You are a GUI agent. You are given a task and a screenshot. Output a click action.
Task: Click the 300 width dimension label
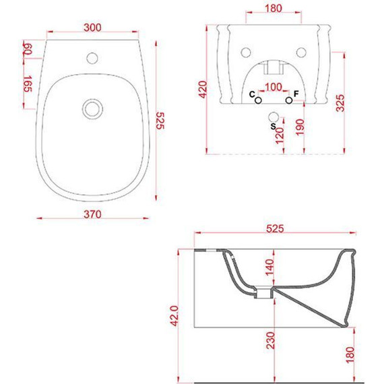pyautogui.click(x=92, y=28)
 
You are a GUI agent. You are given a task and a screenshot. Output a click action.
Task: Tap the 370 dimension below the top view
pyautogui.click(x=92, y=214)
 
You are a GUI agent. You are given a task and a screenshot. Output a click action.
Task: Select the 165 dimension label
pyautogui.click(x=28, y=84)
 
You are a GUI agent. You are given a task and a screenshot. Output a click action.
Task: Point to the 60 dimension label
pyautogui.click(x=28, y=49)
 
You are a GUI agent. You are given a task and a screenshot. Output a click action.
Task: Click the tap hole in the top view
pyautogui.click(x=92, y=58)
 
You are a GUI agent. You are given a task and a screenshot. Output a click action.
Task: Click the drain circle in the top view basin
pyautogui.click(x=92, y=109)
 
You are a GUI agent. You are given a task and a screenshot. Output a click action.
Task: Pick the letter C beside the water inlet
pyautogui.click(x=252, y=94)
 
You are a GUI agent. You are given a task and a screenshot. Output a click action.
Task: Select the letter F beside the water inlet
pyautogui.click(x=296, y=94)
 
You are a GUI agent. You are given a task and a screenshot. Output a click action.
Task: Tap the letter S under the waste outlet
pyautogui.click(x=273, y=127)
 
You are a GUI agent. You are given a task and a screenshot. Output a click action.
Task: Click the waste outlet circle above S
pyautogui.click(x=274, y=117)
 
